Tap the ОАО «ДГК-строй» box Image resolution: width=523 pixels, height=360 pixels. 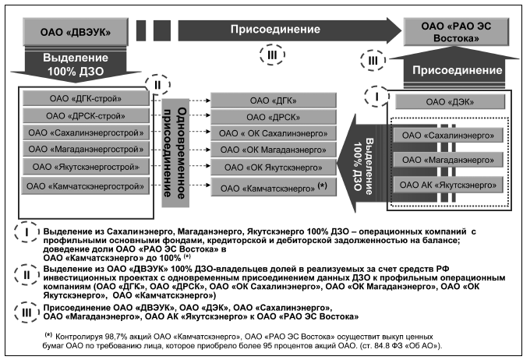tap(86, 99)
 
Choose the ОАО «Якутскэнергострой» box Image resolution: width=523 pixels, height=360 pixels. tap(86, 167)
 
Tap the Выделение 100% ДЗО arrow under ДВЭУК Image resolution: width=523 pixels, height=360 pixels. tap(73, 65)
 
